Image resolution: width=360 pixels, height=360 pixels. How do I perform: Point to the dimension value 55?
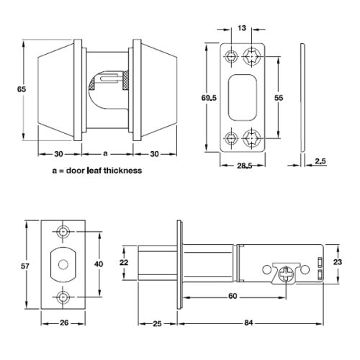pyautogui.click(x=279, y=95)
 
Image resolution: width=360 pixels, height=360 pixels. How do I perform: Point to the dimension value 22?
pyautogui.click(x=124, y=263)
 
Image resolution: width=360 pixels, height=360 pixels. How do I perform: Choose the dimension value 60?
pyautogui.click(x=233, y=296)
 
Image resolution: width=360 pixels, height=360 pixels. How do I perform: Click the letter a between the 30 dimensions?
pyautogui.click(x=106, y=153)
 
